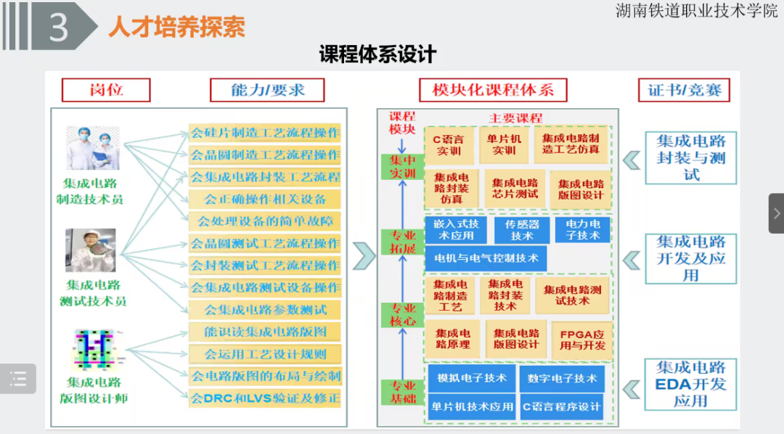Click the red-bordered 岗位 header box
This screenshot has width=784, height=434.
click(x=106, y=90)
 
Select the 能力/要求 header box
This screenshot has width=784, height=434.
click(x=267, y=90)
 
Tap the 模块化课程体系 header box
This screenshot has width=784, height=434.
click(x=493, y=90)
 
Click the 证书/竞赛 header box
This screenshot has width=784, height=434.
click(x=684, y=90)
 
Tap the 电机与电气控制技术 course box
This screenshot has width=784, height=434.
click(x=486, y=258)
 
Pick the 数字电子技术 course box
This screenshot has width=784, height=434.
click(x=562, y=378)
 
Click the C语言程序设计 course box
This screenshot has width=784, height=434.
click(x=562, y=406)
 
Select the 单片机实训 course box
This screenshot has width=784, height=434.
click(x=504, y=144)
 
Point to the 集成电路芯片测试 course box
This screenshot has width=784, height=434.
click(x=515, y=189)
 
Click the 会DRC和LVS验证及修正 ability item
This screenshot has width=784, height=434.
click(x=265, y=398)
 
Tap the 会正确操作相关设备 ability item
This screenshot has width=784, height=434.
click(x=265, y=199)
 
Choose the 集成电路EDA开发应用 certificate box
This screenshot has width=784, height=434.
click(x=690, y=384)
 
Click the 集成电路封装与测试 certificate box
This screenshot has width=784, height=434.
click(x=690, y=157)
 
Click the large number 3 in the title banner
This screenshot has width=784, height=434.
click(x=58, y=26)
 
